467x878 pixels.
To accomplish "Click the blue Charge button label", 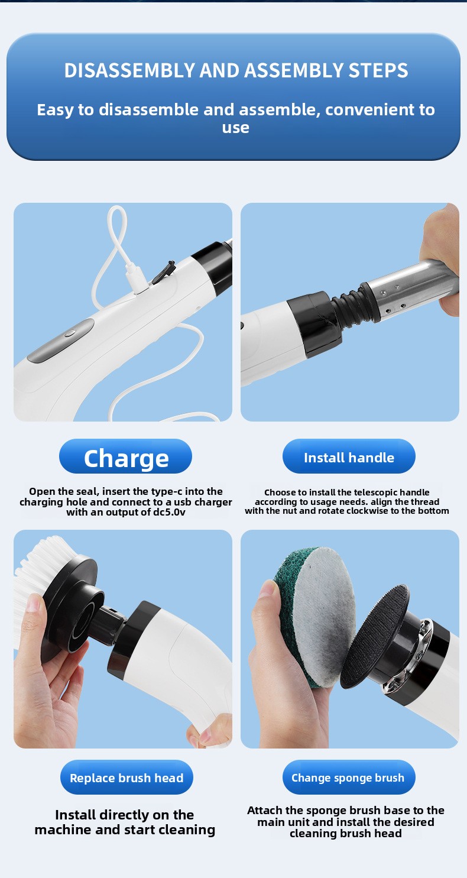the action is coord(126,456).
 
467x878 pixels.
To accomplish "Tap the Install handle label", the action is coord(349,456).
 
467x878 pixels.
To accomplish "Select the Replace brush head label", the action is coord(127,777).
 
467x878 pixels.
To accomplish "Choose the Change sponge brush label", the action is coord(349,777).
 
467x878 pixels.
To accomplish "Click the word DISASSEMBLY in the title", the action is coord(129,70).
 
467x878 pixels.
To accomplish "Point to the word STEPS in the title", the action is coord(378,70).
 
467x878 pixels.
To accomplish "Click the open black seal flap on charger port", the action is coord(164,271).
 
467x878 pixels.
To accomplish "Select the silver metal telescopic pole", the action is coord(411,288).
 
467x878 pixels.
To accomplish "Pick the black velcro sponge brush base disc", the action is coord(375,636).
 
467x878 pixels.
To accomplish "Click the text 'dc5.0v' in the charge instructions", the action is coord(169,512).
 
